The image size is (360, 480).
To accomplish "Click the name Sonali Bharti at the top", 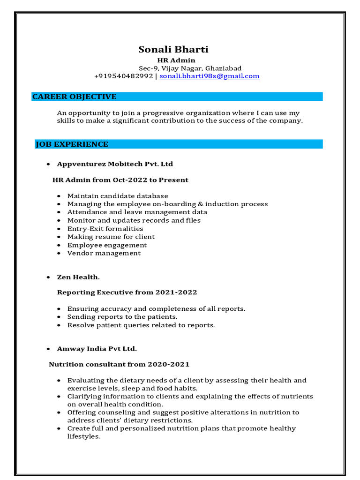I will [x=173, y=50].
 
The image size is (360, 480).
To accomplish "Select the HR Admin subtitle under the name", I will [x=176, y=60].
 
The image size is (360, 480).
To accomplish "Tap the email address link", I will [x=209, y=76].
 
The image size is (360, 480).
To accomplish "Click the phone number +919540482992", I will [x=123, y=76].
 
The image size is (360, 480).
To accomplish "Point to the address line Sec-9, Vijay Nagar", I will [x=190, y=68].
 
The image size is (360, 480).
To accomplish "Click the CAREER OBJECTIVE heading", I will [x=74, y=97].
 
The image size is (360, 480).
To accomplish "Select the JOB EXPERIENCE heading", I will [x=72, y=144].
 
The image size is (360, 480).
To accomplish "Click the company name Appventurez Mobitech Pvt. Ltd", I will [x=115, y=164].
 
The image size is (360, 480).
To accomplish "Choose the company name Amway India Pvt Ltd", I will [x=97, y=349].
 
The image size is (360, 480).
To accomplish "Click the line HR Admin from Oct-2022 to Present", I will [x=120, y=180].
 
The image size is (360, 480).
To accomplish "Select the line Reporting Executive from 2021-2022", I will [x=127, y=292].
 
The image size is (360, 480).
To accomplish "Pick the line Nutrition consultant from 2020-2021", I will [x=119, y=364].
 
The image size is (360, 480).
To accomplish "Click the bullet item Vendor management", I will [x=104, y=253].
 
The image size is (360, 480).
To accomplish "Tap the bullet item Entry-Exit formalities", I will [x=105, y=229].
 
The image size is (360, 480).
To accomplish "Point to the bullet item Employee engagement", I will [x=107, y=245].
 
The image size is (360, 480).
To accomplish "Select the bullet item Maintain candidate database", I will [x=118, y=196].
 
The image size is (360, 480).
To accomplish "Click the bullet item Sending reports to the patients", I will [x=122, y=317].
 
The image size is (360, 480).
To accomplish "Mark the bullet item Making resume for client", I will [x=111, y=237].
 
